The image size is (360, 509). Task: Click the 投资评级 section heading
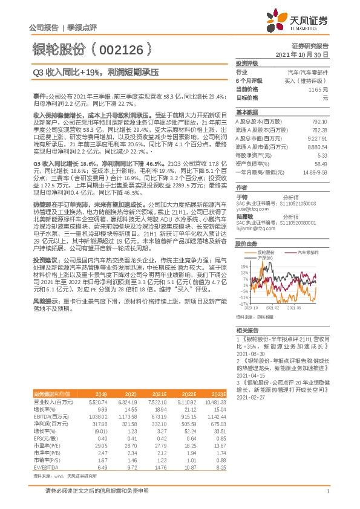click(x=247, y=63)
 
